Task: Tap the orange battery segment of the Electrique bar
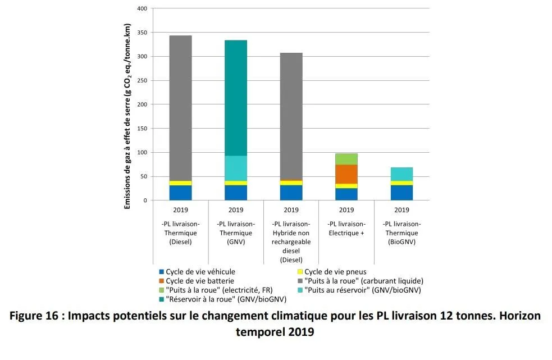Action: click(x=346, y=174)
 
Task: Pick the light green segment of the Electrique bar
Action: click(x=346, y=159)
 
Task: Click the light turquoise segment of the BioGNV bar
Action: click(x=402, y=174)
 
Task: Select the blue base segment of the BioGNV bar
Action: click(x=402, y=193)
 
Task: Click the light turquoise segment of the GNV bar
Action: click(x=235, y=168)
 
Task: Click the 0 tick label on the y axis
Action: click(x=145, y=200)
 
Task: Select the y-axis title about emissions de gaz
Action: click(x=127, y=117)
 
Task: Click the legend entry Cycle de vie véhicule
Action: click(x=200, y=272)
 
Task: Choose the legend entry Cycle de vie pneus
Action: click(x=335, y=272)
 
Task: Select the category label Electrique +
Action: click(x=346, y=233)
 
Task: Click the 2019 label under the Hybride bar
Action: click(x=291, y=211)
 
